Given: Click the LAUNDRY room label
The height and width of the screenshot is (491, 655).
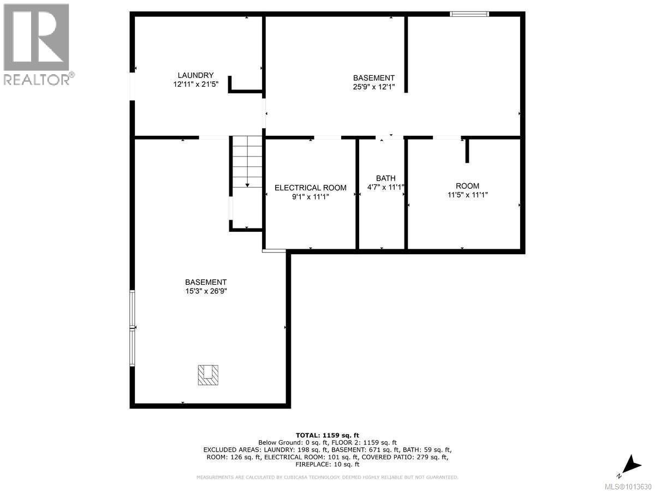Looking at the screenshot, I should click(x=195, y=75).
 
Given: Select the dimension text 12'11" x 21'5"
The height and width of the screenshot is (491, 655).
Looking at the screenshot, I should click(x=195, y=85).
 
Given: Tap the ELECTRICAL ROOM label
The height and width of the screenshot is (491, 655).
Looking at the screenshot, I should click(x=310, y=188).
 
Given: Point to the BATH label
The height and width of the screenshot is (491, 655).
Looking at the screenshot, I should click(x=385, y=178).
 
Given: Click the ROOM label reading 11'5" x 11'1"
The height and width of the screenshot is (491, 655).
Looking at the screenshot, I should click(x=467, y=186).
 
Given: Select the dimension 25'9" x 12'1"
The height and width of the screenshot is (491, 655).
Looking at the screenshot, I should click(x=373, y=87).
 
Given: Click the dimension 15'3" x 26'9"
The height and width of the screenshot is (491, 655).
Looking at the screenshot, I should click(x=205, y=291).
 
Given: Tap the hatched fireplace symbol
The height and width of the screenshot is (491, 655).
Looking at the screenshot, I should click(x=207, y=375).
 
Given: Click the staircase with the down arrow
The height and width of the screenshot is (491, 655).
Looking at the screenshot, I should click(x=247, y=164).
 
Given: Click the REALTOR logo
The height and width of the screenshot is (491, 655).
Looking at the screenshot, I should click(x=37, y=44).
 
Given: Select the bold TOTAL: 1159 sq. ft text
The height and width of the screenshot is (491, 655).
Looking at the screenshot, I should click(x=327, y=435).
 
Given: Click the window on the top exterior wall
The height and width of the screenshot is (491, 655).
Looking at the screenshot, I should click(x=469, y=14).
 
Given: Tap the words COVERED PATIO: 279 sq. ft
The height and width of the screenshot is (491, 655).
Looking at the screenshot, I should click(x=405, y=457).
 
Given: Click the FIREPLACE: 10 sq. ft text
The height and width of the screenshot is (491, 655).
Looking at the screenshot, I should click(x=327, y=465).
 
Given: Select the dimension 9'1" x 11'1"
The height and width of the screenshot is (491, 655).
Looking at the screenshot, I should click(x=310, y=197).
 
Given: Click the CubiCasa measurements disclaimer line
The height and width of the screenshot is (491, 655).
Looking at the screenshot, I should click(x=327, y=477).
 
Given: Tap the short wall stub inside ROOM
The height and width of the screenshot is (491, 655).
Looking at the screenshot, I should click(x=467, y=151).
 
